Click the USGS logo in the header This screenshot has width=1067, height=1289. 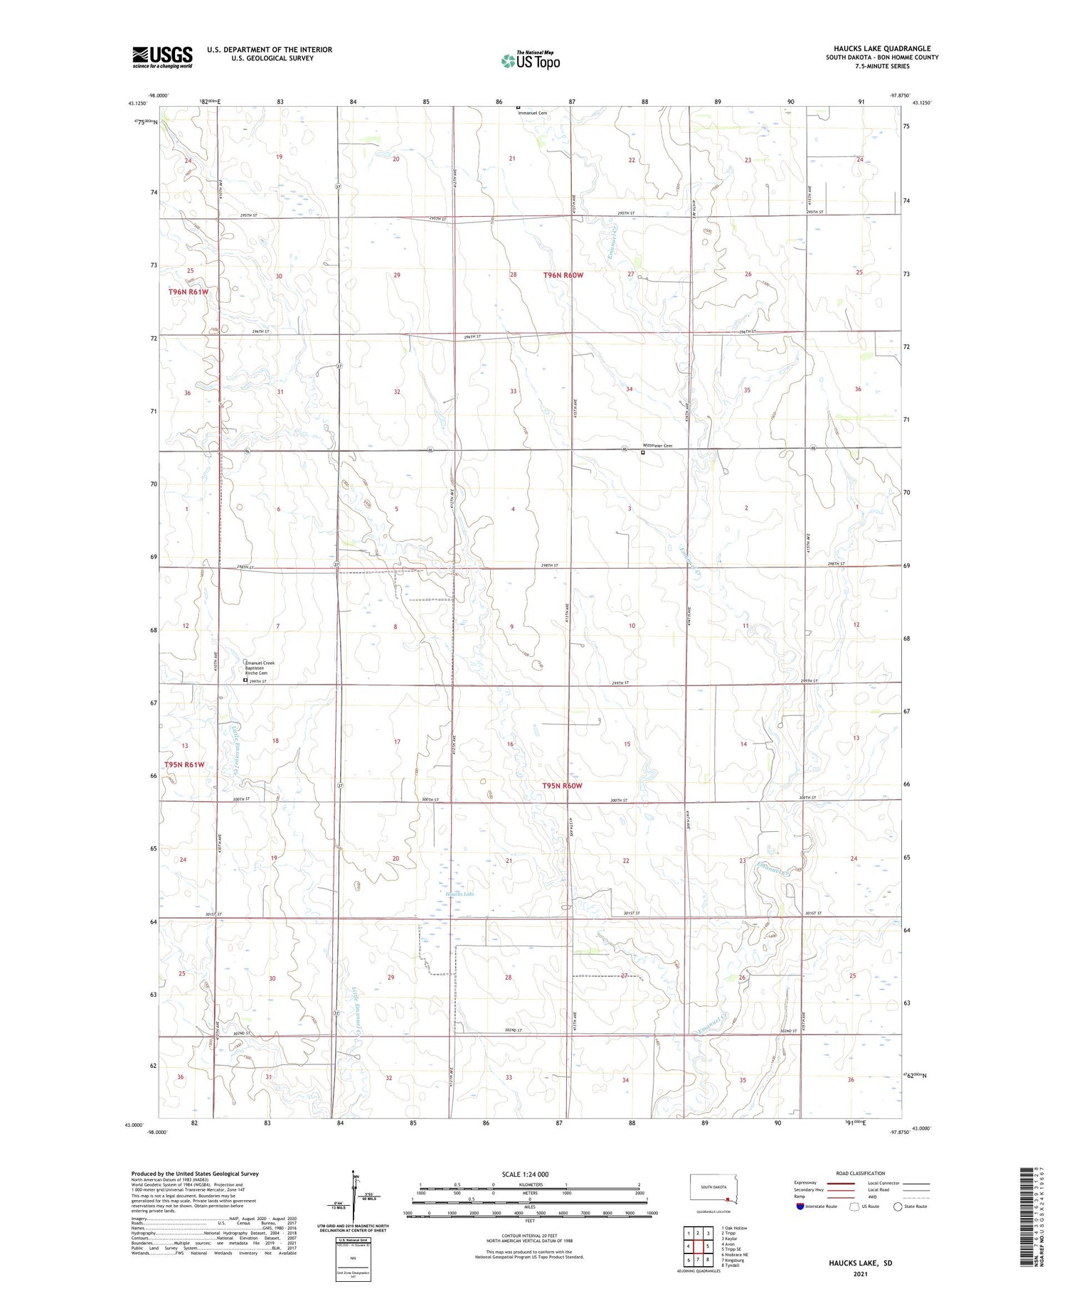[x=162, y=57]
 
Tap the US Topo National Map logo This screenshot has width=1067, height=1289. [x=531, y=60]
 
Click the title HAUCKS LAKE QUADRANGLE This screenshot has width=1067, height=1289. [x=882, y=48]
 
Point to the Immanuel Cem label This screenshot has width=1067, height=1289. [x=533, y=113]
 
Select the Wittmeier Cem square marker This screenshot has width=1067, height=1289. [x=643, y=452]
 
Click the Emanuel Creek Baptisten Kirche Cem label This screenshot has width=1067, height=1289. [x=260, y=668]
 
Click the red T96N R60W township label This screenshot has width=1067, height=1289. [x=563, y=275]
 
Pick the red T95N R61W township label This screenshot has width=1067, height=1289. [x=184, y=764]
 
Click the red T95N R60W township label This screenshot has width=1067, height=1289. [x=562, y=786]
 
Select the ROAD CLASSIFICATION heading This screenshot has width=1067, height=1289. [x=861, y=1173]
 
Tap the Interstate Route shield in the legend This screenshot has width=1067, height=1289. [x=800, y=1207]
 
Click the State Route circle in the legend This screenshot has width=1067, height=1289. [x=898, y=1207]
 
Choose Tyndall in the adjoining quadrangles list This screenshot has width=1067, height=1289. [x=731, y=1266]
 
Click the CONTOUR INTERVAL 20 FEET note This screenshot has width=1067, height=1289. [x=529, y=1236]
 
